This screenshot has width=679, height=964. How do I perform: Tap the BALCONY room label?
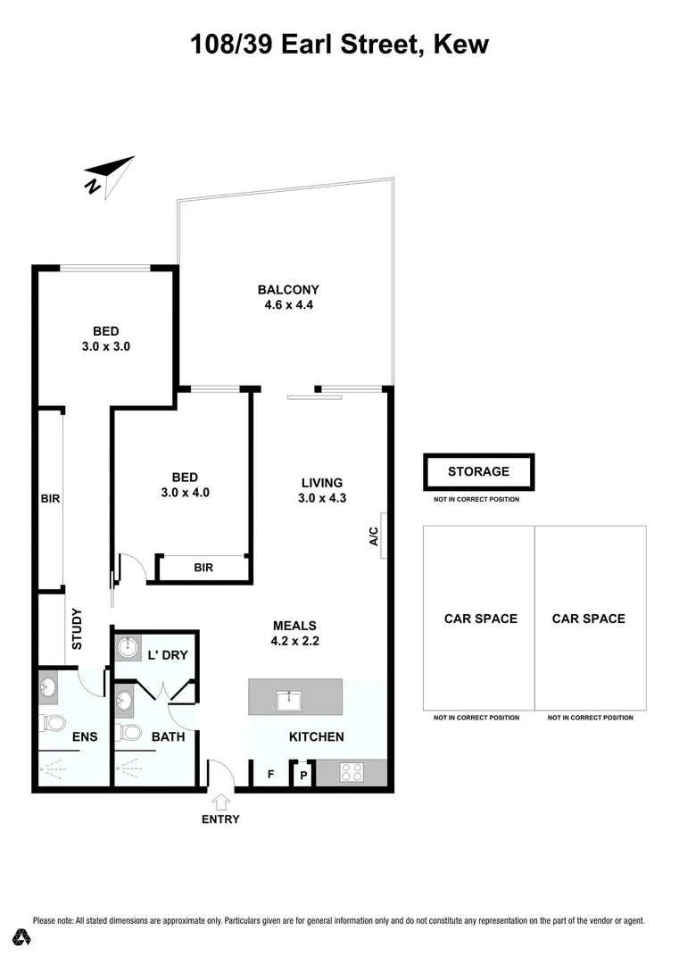[288, 289]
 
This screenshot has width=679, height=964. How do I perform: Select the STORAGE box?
[478, 471]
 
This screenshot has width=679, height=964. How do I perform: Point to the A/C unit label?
[375, 536]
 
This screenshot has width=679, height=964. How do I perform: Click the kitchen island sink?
[288, 700]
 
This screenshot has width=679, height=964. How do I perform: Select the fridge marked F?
[270, 775]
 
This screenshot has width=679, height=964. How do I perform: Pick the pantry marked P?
[303, 776]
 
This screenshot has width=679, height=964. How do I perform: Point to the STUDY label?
[77, 628]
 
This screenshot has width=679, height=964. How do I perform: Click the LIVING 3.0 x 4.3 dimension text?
[321, 499]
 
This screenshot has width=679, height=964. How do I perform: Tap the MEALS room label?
[295, 625]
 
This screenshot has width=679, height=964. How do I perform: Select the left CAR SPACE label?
[481, 619]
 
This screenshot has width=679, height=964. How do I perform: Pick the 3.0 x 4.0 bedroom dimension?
[186, 492]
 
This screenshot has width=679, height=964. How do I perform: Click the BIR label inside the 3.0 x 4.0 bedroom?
[203, 568]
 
